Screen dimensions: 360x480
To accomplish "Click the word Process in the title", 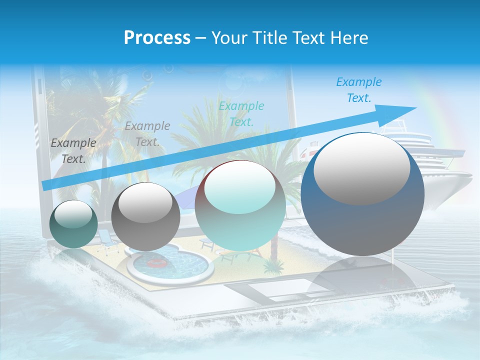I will (x=157, y=37).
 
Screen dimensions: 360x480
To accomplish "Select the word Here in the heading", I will (x=349, y=37).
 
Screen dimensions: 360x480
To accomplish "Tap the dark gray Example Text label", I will (x=73, y=150).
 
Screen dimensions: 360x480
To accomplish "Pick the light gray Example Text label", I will (x=147, y=133).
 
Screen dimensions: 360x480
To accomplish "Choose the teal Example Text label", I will (x=241, y=113).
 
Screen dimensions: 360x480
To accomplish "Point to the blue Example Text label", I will (x=358, y=90).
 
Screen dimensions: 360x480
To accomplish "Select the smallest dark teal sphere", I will (x=74, y=224).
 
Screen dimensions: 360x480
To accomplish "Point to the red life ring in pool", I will (x=158, y=263).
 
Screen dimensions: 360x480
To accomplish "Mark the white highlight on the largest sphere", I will (x=361, y=168).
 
